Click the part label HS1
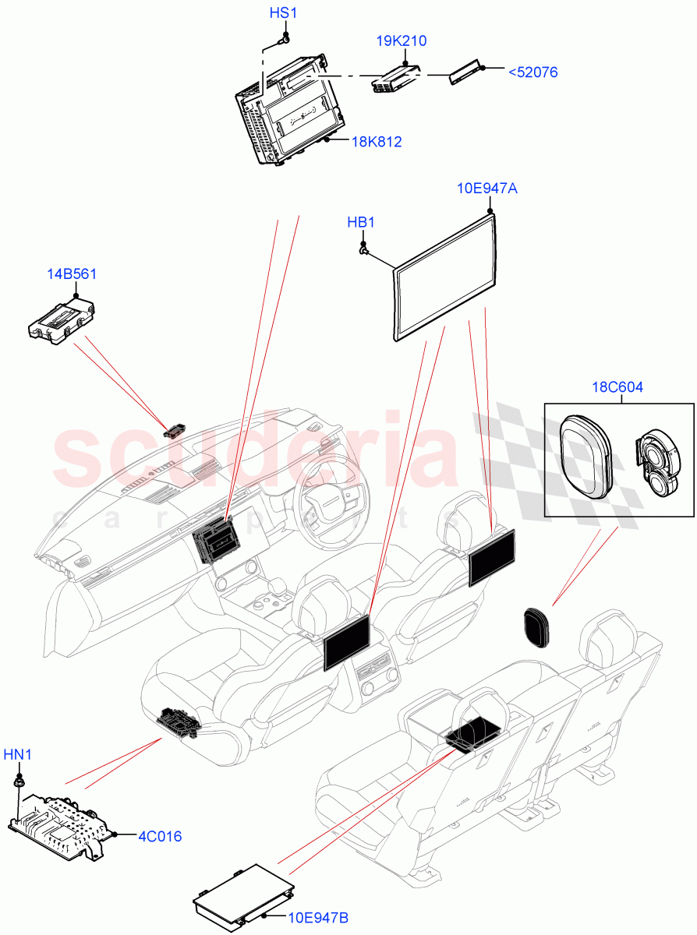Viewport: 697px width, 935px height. pyautogui.click(x=284, y=13)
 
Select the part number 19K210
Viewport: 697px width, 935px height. pyautogui.click(x=401, y=41)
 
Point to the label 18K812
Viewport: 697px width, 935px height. pyautogui.click(x=376, y=142)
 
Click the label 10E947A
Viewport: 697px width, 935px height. pyautogui.click(x=486, y=188)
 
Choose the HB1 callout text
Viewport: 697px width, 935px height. pyautogui.click(x=361, y=223)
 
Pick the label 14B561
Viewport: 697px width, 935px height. pyautogui.click(x=72, y=273)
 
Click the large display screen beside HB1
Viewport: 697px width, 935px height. pyautogui.click(x=444, y=278)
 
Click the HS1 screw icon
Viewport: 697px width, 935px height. pyautogui.click(x=286, y=37)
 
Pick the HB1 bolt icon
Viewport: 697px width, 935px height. pyautogui.click(x=363, y=249)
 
